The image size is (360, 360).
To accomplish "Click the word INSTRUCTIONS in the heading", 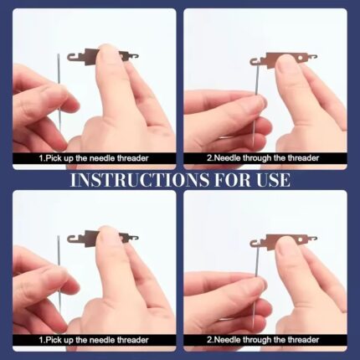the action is click(139, 180).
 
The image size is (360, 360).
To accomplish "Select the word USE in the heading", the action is click(273, 180).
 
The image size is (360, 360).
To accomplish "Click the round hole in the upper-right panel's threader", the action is click(301, 58).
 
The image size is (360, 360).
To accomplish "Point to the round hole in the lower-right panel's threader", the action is click(301, 239).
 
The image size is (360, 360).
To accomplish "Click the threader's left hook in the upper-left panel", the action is click(72, 57).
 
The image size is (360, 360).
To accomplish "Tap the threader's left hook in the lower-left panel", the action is click(72, 239).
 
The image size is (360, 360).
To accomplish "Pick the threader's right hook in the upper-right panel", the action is click(313, 57).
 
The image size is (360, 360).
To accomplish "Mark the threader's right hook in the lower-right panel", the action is click(313, 239).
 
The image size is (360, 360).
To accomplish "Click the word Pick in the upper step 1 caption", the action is click(54, 158).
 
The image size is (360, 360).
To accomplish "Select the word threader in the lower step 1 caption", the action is click(132, 340).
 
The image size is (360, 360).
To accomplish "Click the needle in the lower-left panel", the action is click(59, 275).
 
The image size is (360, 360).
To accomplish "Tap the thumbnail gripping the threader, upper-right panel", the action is click(284, 64).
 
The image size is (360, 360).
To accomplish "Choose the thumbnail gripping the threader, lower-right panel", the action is click(284, 246).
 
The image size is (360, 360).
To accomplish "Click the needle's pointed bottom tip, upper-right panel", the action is click(253, 146).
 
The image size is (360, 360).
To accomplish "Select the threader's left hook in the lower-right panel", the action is click(255, 243).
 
